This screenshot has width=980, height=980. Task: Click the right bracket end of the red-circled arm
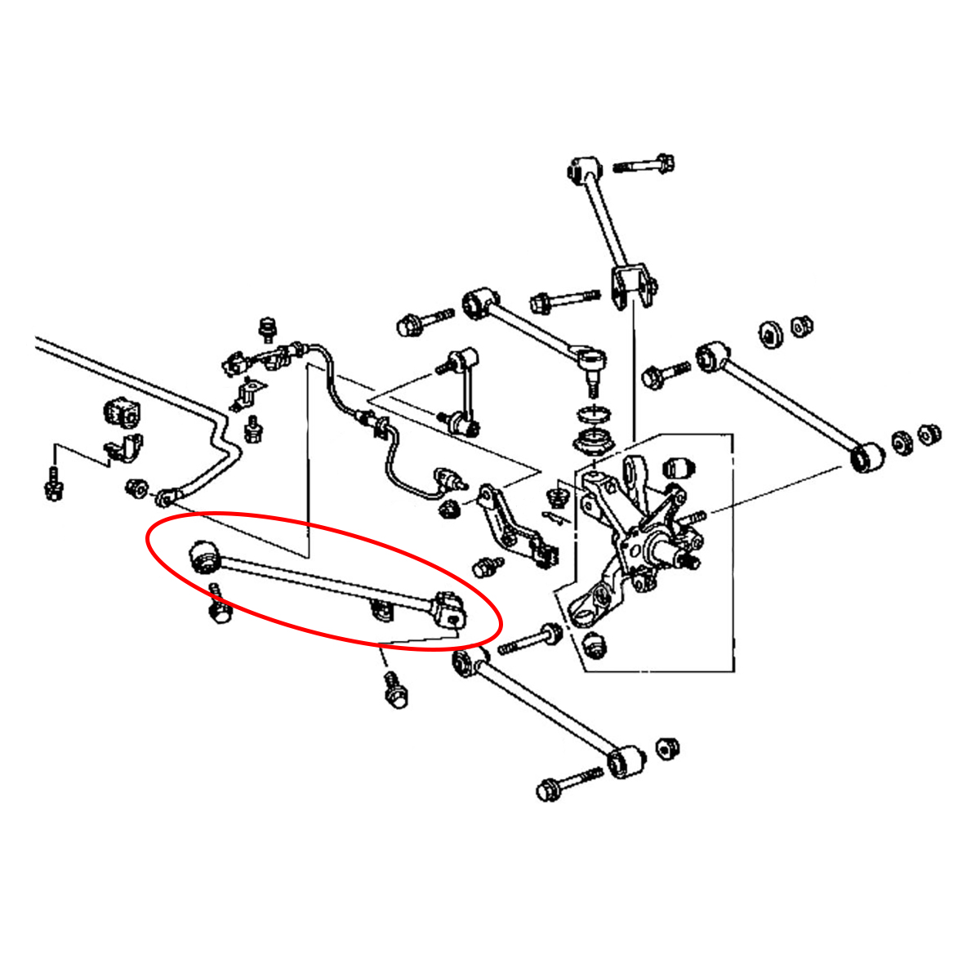pos(448,611)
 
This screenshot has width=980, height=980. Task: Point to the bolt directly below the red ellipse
pos(394,689)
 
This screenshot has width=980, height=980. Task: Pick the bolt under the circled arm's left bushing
pos(220,608)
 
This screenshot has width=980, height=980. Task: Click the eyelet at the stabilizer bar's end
pos(167,497)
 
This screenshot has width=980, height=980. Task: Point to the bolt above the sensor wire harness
pos(266,328)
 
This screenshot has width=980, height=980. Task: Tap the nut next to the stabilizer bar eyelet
pos(136,488)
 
